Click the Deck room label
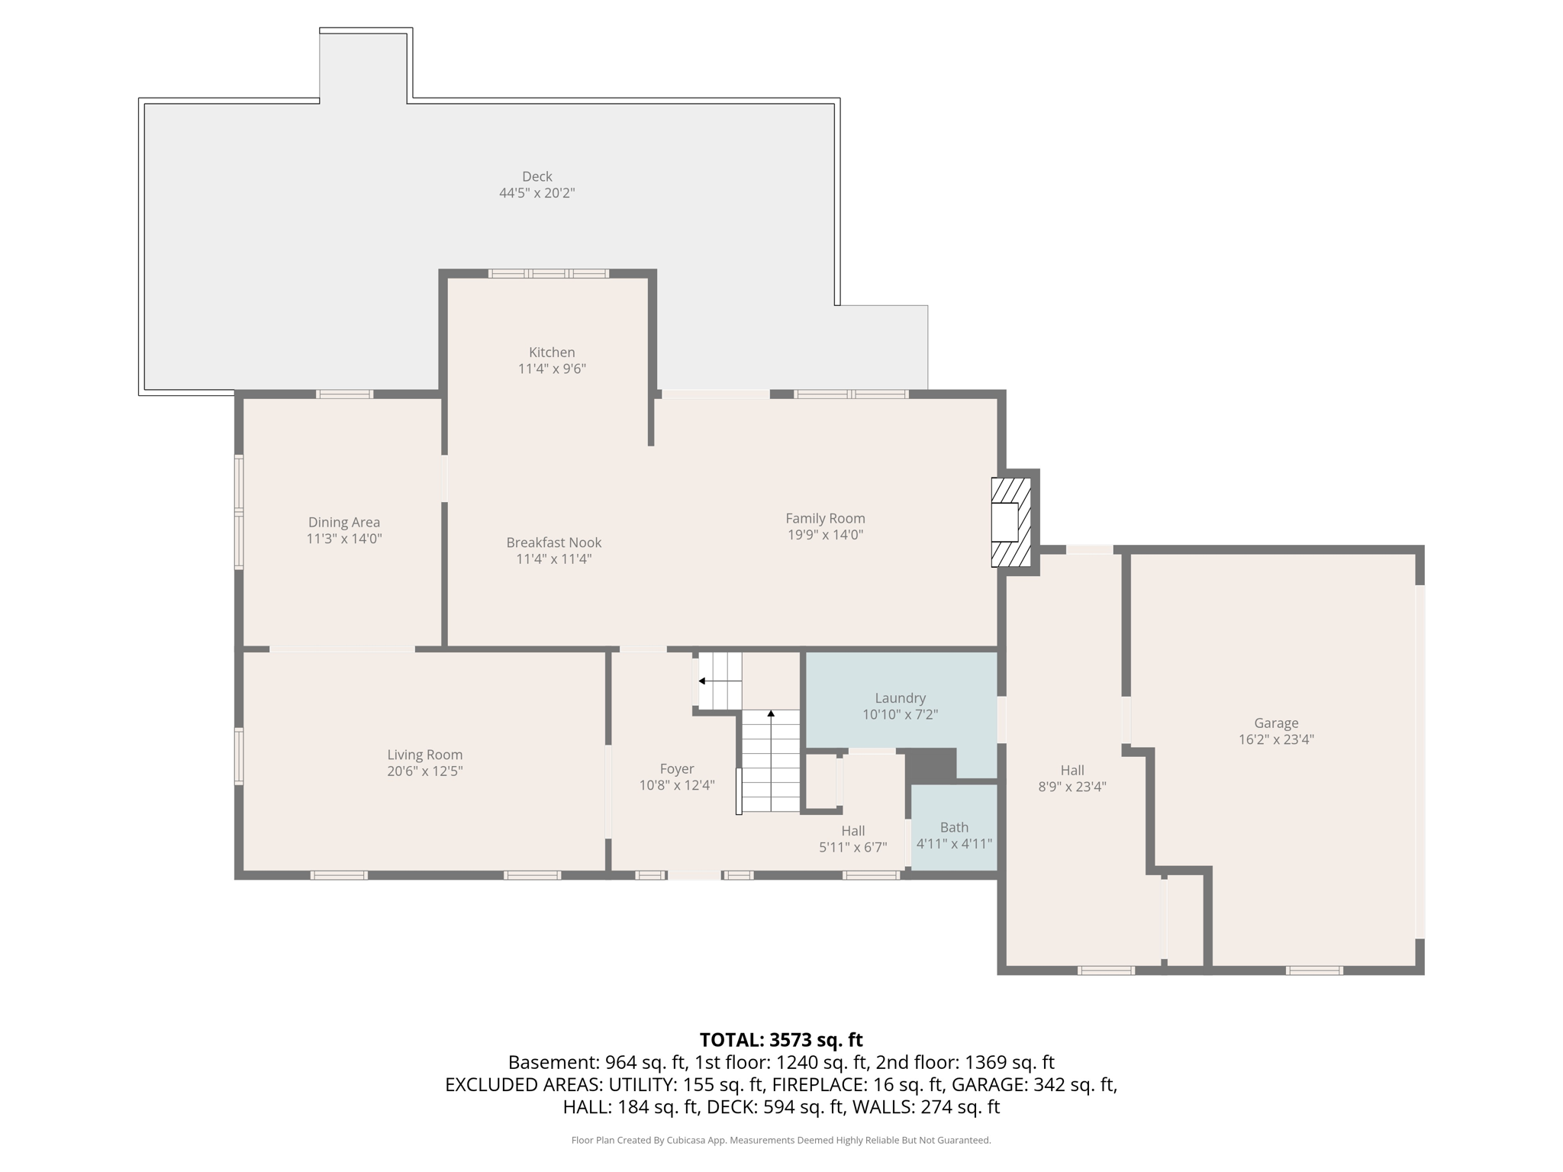tap(537, 176)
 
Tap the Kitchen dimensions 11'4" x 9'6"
tap(552, 369)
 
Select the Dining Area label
tap(343, 523)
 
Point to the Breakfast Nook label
tap(553, 543)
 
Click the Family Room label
tap(825, 519)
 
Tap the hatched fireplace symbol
tap(1010, 523)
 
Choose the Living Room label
tap(424, 755)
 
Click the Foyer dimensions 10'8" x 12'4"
tap(676, 786)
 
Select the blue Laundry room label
tap(900, 698)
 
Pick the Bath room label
tap(954, 827)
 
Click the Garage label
tap(1275, 723)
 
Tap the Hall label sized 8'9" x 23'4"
tap(1072, 771)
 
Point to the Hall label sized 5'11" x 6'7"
tap(852, 831)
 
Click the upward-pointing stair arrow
tap(771, 714)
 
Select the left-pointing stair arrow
tap(702, 681)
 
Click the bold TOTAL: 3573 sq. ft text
tap(781, 1040)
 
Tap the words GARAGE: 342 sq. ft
tap(1033, 1084)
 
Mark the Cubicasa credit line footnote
tap(781, 1141)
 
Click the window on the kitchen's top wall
tap(548, 273)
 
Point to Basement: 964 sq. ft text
tap(599, 1062)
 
